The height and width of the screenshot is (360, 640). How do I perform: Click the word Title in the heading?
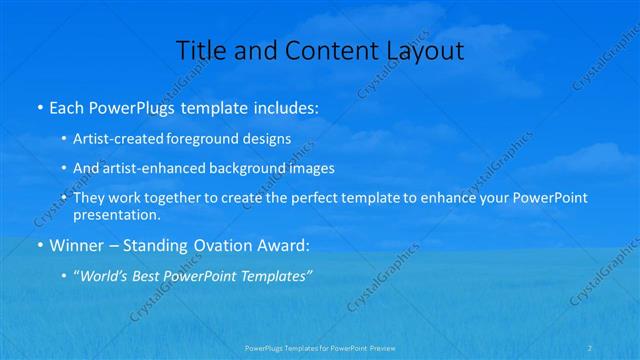click(x=200, y=50)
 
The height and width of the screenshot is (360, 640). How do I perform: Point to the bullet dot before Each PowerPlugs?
click(x=39, y=106)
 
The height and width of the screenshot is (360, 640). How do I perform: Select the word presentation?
click(x=117, y=214)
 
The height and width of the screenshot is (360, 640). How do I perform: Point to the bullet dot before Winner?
click(x=39, y=245)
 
